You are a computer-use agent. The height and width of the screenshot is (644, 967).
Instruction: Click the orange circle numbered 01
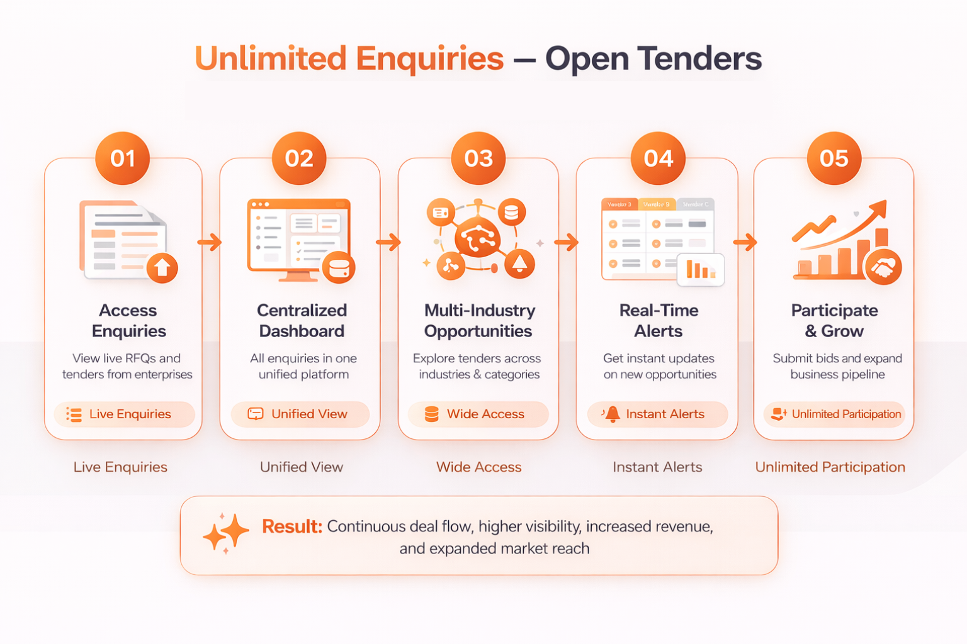coord(122,158)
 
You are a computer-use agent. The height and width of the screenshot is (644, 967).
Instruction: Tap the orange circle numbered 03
coord(478,158)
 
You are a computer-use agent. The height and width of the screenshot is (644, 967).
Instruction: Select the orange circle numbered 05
coord(834,158)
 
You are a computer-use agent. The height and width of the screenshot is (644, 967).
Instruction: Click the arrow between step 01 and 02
coord(210,242)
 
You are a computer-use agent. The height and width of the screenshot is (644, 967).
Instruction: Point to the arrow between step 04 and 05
coord(745,242)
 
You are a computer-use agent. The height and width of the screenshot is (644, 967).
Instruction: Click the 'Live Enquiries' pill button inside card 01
coord(124,414)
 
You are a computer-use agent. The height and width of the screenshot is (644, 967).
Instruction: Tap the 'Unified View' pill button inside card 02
coord(300,414)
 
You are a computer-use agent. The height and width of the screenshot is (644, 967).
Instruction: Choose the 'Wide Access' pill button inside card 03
coord(478,414)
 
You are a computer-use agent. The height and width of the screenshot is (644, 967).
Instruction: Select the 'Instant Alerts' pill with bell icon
coord(657,414)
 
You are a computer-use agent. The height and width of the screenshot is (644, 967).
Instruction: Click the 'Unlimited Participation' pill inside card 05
coord(834,414)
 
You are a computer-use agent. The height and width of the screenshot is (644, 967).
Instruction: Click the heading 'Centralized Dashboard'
coord(302,321)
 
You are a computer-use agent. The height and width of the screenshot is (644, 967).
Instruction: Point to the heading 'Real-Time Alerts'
coord(659,321)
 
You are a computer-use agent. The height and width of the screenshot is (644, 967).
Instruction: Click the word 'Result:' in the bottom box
coord(291,526)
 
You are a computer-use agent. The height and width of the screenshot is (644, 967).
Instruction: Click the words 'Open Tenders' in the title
coord(653,58)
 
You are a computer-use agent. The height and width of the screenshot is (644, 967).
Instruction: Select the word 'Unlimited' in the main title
coord(271,58)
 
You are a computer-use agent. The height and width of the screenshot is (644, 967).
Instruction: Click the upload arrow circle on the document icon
coord(162,268)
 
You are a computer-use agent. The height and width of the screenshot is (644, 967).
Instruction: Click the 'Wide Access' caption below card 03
coord(478,467)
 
